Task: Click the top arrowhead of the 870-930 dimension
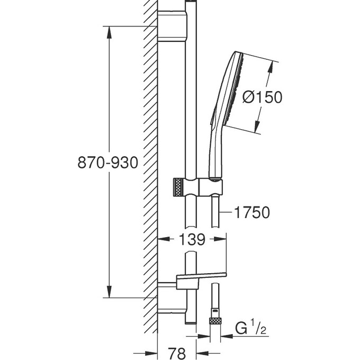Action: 110,31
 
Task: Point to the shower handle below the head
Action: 216,154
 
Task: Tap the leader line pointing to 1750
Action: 226,212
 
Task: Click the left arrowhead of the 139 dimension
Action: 163,239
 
